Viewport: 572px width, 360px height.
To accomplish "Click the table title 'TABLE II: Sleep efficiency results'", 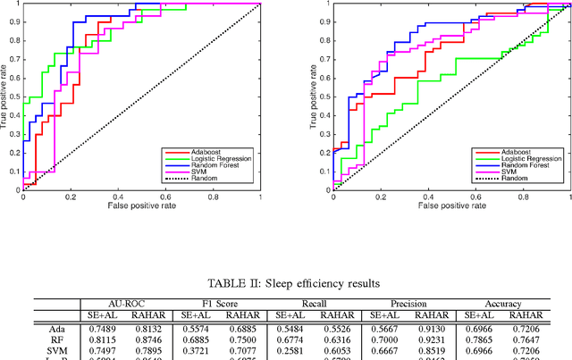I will click(x=285, y=283).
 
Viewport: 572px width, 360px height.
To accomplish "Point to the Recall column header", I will click(x=314, y=304).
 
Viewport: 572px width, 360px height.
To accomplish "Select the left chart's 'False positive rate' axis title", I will click(x=141, y=205).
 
